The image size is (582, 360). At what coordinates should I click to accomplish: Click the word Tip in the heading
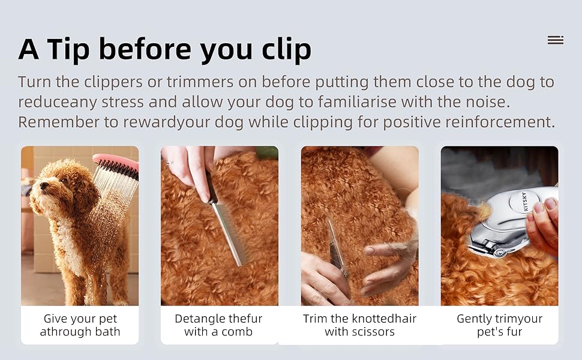tap(70, 49)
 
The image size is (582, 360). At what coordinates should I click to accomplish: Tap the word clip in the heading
tap(283, 50)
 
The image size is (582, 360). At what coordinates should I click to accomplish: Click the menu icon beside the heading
tap(555, 40)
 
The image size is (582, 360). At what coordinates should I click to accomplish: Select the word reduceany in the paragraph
tap(57, 102)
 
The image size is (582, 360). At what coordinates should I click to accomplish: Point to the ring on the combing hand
tap(170, 162)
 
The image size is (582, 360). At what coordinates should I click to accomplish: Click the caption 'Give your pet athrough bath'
tap(80, 325)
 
